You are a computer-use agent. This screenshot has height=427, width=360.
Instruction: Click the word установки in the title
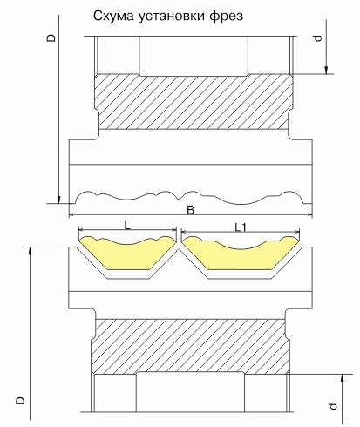click(x=172, y=17)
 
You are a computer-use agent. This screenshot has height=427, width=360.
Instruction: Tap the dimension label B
click(x=190, y=210)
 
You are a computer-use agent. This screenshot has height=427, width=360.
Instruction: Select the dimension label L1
click(x=241, y=227)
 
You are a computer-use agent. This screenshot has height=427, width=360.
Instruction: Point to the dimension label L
click(x=127, y=226)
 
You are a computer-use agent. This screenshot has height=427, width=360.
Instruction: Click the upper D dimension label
click(x=51, y=38)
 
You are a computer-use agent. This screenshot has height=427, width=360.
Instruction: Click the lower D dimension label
click(x=20, y=401)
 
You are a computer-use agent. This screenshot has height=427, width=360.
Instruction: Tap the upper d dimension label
click(x=318, y=38)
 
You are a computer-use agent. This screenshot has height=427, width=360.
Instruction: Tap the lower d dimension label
click(x=334, y=406)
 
